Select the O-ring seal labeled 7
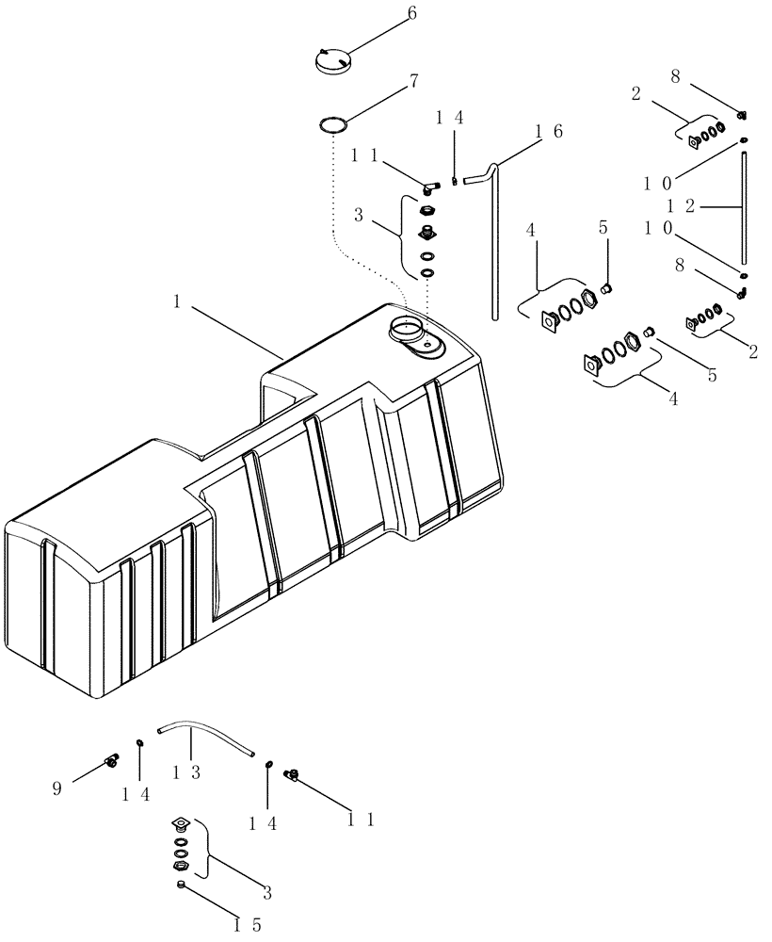(x=330, y=124)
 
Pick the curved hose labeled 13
(x=207, y=732)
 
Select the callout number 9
(x=56, y=788)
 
